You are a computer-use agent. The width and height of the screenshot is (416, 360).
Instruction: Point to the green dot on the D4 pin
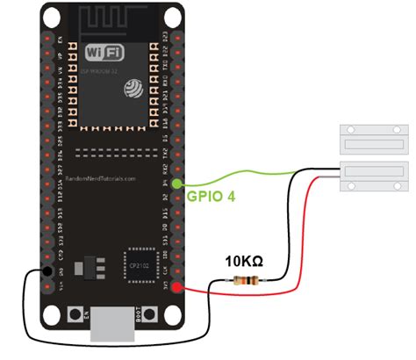[x=178, y=184]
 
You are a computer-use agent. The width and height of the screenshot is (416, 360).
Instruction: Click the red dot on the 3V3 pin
[x=178, y=288]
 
